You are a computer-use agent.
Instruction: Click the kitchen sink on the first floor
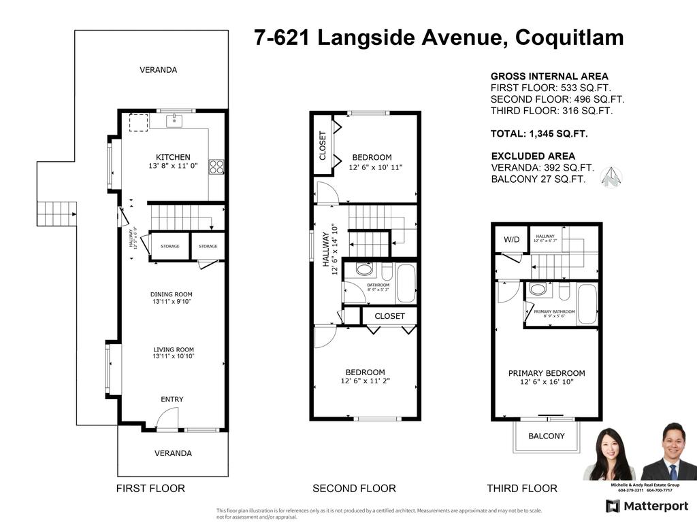point(174,121)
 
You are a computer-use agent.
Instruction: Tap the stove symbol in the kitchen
point(217,167)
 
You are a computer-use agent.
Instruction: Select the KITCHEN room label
point(173,158)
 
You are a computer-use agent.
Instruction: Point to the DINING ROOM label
point(172,294)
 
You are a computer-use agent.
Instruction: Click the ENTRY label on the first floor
point(172,399)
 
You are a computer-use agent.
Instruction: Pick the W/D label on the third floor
point(511,240)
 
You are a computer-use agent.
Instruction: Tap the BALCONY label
point(547,436)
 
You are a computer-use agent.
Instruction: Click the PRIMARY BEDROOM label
point(547,373)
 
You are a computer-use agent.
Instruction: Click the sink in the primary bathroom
point(538,290)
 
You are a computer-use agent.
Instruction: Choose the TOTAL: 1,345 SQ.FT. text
point(539,134)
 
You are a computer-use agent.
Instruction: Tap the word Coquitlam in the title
point(569,37)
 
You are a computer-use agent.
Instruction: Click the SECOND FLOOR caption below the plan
point(354,488)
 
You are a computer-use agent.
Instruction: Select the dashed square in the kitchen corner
point(138,122)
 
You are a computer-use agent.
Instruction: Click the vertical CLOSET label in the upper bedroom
point(323,145)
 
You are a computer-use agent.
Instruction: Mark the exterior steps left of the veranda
point(56,213)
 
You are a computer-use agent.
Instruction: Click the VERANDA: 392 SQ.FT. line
point(542,168)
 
